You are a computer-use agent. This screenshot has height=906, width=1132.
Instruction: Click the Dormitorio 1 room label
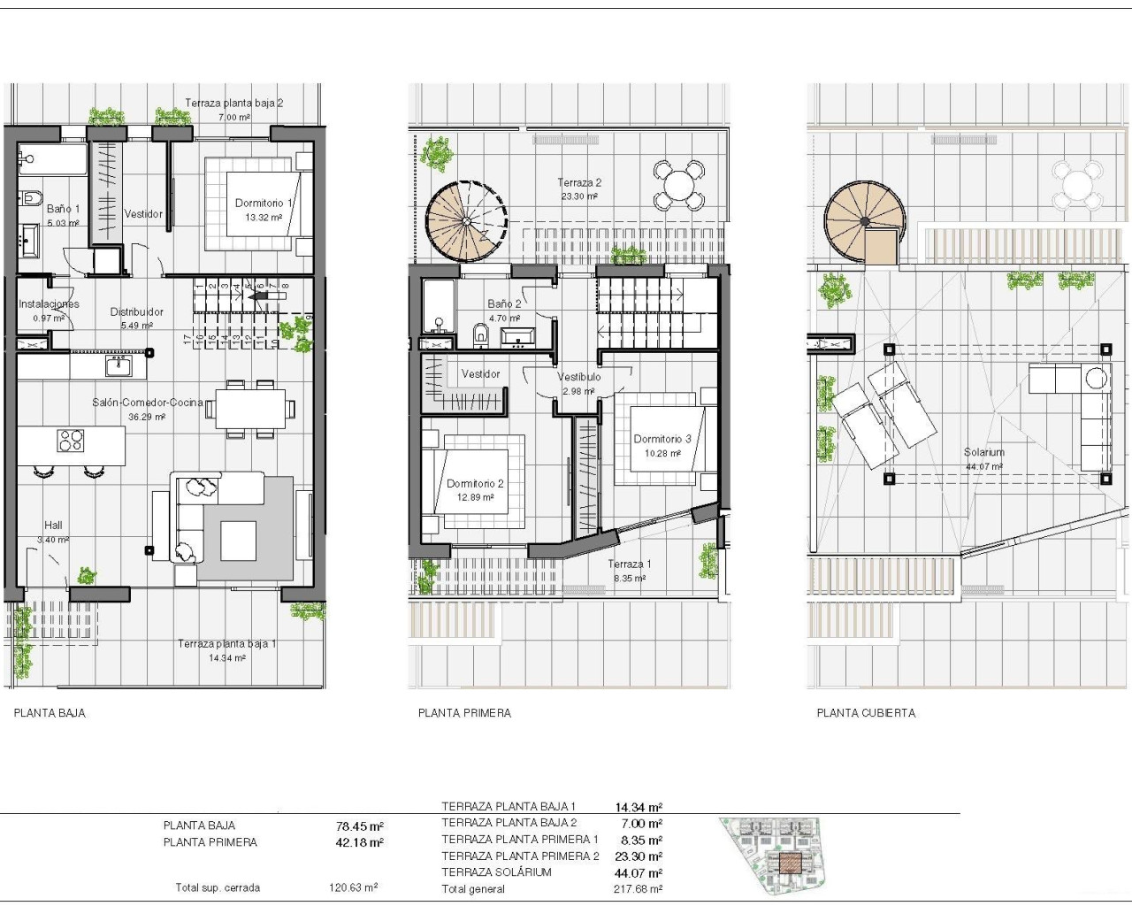[263, 203]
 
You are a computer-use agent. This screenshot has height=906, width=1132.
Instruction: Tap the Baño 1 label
[63, 209]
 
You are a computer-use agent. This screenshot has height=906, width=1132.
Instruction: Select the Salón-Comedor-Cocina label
[148, 403]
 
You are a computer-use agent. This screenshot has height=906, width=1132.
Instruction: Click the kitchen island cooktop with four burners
[71, 440]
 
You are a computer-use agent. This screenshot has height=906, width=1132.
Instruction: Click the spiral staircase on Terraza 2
[466, 220]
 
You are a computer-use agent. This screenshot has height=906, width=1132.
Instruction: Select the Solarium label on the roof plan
[983, 452]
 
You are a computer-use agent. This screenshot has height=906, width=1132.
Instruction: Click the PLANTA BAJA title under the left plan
[50, 713]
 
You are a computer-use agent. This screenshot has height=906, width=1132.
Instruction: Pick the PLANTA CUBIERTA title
[866, 713]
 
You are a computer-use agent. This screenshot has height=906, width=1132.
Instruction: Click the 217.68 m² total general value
[638, 889]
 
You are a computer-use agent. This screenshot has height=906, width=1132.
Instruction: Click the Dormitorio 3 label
[662, 439]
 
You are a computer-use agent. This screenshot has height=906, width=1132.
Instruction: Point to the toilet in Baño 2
[481, 334]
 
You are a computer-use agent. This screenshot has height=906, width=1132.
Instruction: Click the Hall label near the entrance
[53, 526]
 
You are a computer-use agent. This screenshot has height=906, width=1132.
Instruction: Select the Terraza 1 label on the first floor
[629, 564]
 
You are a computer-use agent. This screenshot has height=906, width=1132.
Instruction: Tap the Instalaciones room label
[50, 304]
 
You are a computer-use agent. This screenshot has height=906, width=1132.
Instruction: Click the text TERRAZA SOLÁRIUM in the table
[496, 872]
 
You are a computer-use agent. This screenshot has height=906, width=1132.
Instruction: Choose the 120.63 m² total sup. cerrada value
[353, 887]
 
